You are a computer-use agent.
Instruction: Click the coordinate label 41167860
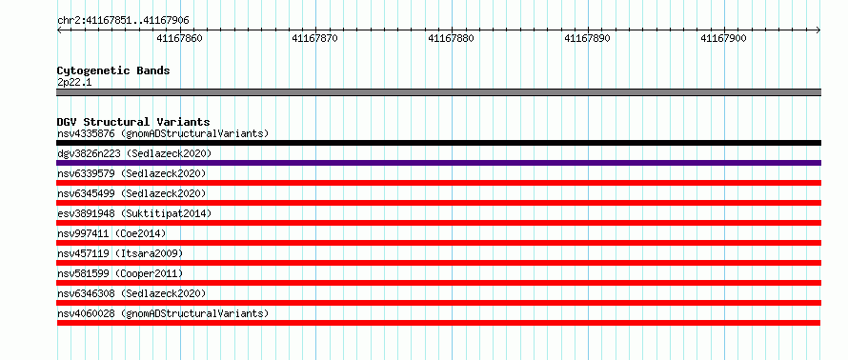point(179,38)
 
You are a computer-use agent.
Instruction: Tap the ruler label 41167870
point(314,38)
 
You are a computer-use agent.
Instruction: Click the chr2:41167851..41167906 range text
point(123,21)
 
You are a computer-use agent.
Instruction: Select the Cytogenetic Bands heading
point(113,70)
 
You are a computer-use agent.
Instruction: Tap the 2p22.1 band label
point(74,83)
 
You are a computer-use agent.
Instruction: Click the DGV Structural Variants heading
point(133,122)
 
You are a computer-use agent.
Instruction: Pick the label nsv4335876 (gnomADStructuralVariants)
point(163,133)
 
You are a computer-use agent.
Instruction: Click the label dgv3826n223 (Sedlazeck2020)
point(134,153)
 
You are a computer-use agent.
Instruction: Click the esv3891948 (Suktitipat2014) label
point(134,213)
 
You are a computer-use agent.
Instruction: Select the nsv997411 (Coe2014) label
point(111,233)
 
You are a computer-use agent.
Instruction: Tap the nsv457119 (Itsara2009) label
point(120,253)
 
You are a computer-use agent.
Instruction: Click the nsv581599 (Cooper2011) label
point(120,273)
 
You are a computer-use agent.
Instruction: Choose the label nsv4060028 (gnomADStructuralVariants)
point(163,313)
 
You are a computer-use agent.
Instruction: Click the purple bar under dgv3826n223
point(438,163)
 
